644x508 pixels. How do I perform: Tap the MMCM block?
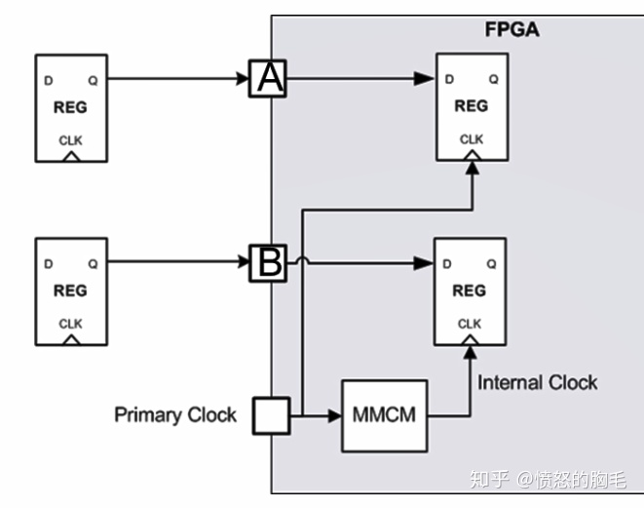pos(384,415)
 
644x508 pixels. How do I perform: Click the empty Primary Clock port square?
pos(270,415)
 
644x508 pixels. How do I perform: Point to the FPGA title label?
pos(511,29)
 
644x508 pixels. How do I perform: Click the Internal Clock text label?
pos(537,382)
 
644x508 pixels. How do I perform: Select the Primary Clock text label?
pos(175,415)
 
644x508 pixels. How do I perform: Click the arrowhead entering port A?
pos(245,79)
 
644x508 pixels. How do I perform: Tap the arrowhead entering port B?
pos(245,262)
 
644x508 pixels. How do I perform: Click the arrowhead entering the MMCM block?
pos(334,415)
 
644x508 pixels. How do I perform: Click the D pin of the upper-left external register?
pos(46,79)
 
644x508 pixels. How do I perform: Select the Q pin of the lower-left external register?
pos(93,262)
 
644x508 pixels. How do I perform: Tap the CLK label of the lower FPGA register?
pos(470,324)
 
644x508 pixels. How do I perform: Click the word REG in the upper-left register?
pos(70,107)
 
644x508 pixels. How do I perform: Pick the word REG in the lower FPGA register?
pos(470,291)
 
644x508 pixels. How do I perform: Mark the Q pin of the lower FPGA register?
pos(493,263)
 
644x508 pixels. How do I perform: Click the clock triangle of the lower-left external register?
pos(70,340)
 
